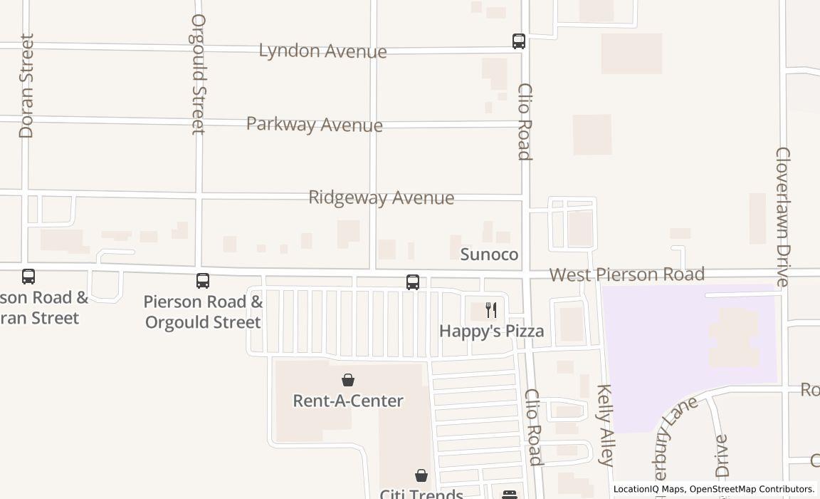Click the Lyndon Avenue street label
[322, 51]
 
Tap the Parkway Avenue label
[314, 124]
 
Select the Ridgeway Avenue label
[381, 197]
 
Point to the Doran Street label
[27, 86]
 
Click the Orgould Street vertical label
[198, 73]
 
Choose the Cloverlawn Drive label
[782, 217]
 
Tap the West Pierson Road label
[626, 274]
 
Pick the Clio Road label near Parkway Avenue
[525, 122]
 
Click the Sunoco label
[489, 254]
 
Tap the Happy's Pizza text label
[491, 331]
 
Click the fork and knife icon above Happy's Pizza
[490, 309]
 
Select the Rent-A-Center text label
[348, 401]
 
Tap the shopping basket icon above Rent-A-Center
[348, 380]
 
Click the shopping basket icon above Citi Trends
[421, 475]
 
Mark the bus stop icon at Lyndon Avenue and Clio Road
[519, 41]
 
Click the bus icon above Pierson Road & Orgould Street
[203, 281]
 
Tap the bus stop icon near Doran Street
[28, 277]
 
